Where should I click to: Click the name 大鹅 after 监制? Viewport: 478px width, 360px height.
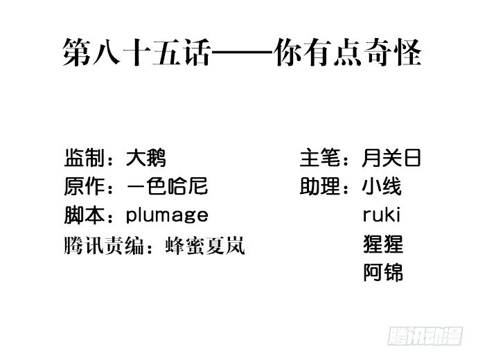(x=145, y=158)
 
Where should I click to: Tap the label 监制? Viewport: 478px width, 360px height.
(x=84, y=158)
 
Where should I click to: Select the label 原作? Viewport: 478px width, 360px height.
(x=84, y=186)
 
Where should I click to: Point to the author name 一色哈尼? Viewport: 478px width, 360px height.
(x=167, y=186)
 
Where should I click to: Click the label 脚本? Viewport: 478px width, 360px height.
(x=84, y=215)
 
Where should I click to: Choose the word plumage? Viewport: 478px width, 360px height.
(x=167, y=215)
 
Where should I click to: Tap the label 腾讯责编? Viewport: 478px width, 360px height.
(x=104, y=246)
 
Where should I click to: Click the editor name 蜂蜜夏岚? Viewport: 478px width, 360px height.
(x=205, y=246)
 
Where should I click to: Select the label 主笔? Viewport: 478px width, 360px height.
(x=320, y=158)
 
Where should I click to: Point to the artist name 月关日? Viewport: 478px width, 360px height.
(x=391, y=158)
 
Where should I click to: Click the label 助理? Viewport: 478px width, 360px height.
(x=320, y=186)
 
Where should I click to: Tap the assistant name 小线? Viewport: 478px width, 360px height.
(x=382, y=186)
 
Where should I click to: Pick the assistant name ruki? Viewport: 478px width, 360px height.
(x=382, y=215)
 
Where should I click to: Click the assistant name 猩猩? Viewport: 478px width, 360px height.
(x=383, y=244)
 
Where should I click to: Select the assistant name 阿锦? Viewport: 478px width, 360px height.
(x=383, y=272)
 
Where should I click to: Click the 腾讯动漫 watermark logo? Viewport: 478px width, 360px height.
(x=425, y=336)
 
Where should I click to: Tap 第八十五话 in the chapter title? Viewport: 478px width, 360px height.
(x=136, y=52)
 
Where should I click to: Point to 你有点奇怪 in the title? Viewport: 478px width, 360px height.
(x=348, y=52)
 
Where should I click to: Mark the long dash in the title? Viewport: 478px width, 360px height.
(x=242, y=52)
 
